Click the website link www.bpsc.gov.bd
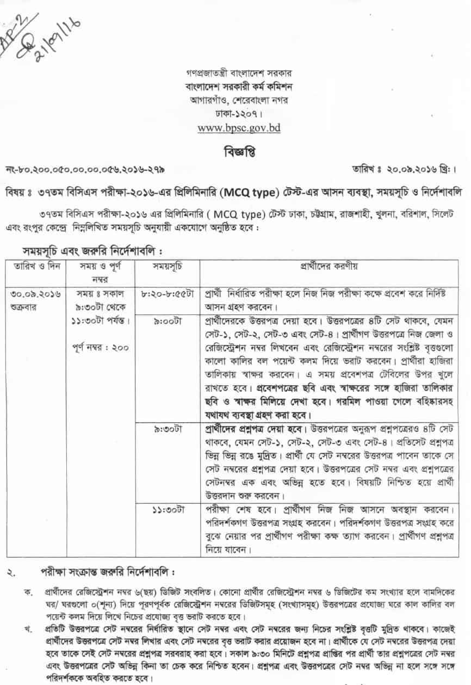tap(236, 129)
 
